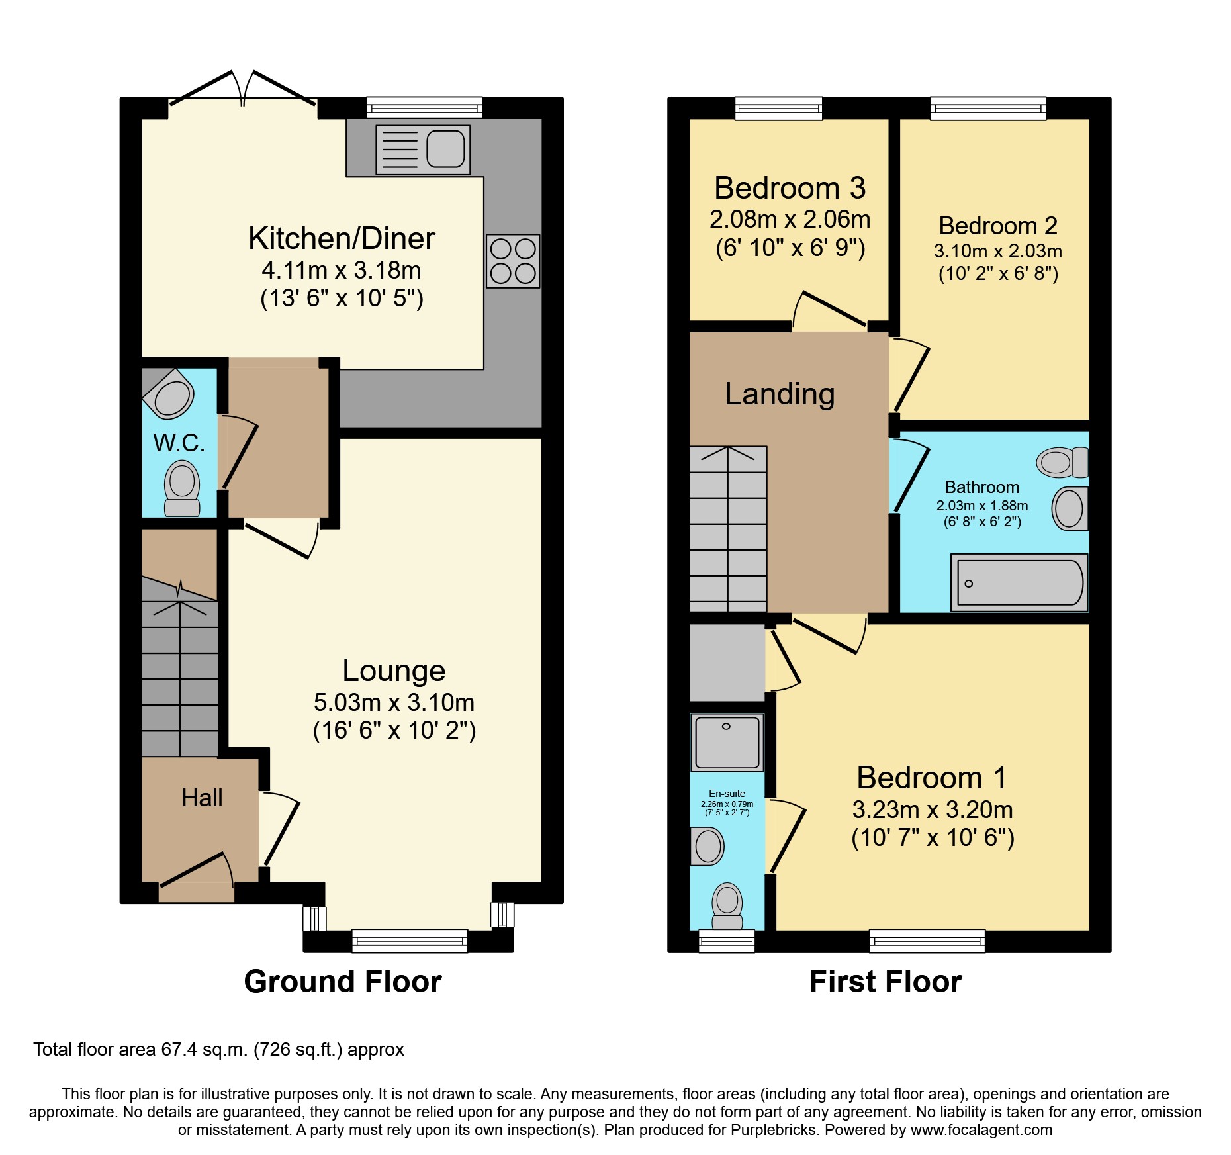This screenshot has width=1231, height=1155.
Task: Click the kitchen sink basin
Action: click(445, 149)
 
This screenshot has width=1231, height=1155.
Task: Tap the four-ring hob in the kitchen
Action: click(513, 261)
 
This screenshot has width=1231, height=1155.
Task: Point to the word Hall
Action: click(202, 798)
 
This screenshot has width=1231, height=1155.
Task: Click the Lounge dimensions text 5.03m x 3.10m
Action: click(394, 702)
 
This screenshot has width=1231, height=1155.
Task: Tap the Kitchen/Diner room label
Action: click(342, 238)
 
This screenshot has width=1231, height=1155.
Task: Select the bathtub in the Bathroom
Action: click(1019, 582)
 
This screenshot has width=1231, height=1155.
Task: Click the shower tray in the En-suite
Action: click(727, 742)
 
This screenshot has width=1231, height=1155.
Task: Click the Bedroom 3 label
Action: click(790, 189)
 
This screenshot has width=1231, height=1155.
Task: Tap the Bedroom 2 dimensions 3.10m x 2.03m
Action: click(998, 252)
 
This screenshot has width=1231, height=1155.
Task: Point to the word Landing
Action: click(780, 394)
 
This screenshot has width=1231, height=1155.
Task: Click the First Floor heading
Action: click(886, 982)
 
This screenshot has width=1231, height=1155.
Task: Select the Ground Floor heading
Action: click(343, 982)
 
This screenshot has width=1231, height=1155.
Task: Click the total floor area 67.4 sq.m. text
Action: click(218, 1050)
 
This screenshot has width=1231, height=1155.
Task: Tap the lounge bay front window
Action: click(410, 940)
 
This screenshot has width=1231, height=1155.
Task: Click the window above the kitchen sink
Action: click(424, 107)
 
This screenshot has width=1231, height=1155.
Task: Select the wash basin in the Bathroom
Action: click(1070, 508)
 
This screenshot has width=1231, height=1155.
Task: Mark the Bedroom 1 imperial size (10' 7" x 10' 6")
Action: click(933, 838)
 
